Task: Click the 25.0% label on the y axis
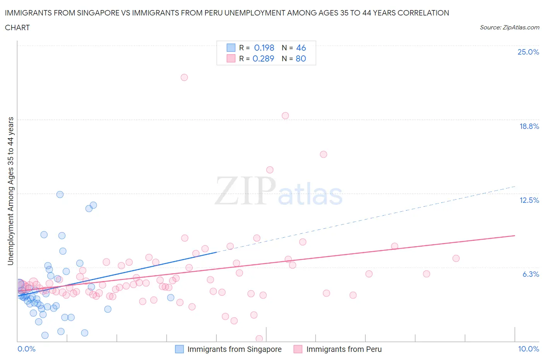click(x=528, y=52)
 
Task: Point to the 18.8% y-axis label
click(x=529, y=126)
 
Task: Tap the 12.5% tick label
click(x=529, y=200)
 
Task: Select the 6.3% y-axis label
click(x=530, y=274)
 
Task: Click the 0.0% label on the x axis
click(x=26, y=349)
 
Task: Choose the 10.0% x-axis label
click(x=528, y=349)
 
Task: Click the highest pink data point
click(x=184, y=77)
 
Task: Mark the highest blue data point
click(x=60, y=194)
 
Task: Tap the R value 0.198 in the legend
click(x=264, y=48)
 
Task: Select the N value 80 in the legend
click(x=301, y=58)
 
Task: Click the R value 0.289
click(x=263, y=58)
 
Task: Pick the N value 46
click(x=301, y=48)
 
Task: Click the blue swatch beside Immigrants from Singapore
click(x=179, y=349)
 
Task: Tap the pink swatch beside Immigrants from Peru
click(x=298, y=349)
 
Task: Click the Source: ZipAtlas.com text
click(x=509, y=27)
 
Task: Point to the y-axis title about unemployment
click(x=10, y=191)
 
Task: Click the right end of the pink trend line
click(x=515, y=235)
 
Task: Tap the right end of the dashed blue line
click(x=515, y=187)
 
